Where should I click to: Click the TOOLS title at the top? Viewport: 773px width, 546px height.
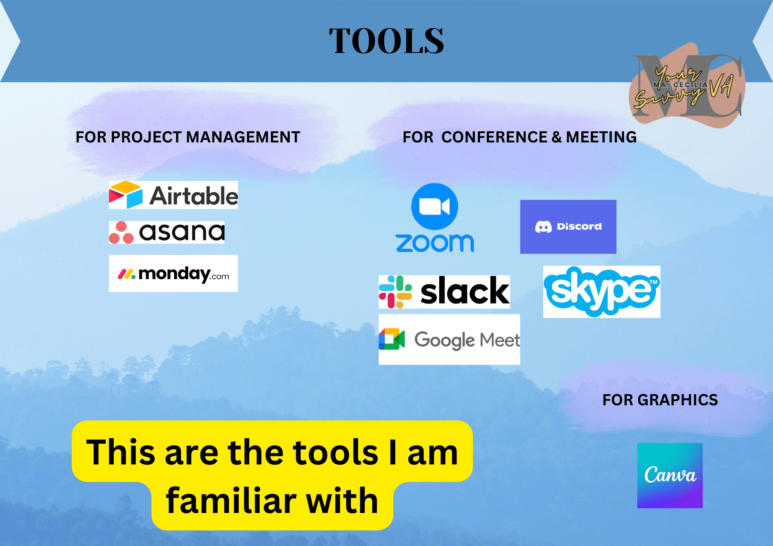coord(386,41)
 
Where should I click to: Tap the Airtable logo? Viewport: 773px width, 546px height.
coord(173,195)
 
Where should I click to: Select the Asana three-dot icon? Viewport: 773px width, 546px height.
coord(121,233)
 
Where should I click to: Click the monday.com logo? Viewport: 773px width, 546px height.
coord(173,274)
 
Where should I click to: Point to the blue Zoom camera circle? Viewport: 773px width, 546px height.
coord(435,206)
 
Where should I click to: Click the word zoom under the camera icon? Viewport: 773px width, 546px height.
coord(435,243)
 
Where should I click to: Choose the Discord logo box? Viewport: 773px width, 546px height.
coord(568,227)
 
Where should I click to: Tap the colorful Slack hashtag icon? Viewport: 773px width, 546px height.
coord(395,292)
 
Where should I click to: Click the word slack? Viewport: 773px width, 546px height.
coord(465,291)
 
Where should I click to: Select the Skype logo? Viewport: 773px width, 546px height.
coord(602,292)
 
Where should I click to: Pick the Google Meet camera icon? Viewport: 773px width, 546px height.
coord(392,339)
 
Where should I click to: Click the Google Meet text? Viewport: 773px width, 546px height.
coord(467,340)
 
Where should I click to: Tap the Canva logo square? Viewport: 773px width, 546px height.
coord(670,475)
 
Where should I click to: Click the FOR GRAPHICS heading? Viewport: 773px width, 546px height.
coord(660,400)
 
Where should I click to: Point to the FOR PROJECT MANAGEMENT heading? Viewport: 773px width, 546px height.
coord(188,137)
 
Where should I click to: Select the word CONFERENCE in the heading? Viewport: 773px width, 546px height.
coord(494,137)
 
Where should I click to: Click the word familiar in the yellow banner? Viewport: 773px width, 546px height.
coord(231,501)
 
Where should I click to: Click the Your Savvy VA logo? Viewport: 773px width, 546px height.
coord(687,86)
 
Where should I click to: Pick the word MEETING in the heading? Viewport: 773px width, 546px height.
coord(601,137)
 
